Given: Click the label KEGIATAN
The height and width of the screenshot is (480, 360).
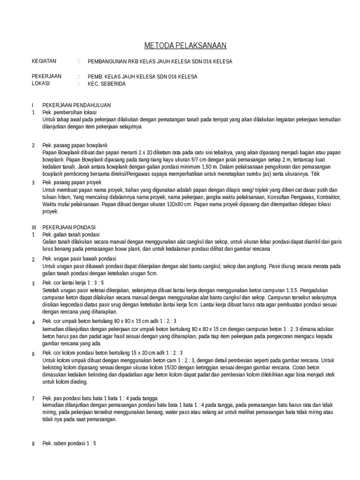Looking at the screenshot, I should click(x=44, y=61).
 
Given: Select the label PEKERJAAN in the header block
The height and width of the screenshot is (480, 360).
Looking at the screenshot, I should click(x=46, y=76).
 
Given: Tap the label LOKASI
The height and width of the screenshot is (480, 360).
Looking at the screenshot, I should click(x=40, y=84).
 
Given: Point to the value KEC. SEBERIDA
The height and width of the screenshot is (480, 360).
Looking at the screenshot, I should click(x=107, y=84).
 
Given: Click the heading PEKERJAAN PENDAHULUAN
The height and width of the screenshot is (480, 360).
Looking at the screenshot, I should click(x=76, y=105).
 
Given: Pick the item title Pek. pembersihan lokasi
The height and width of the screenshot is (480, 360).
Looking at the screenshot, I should click(x=69, y=112).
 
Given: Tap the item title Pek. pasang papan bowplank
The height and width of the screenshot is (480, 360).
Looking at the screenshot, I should click(x=75, y=145).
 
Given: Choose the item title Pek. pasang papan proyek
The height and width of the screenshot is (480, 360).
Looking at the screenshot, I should click(x=72, y=182).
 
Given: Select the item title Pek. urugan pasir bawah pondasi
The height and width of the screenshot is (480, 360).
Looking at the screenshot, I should click(x=79, y=259).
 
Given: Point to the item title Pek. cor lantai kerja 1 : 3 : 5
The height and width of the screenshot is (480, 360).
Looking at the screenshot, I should click(x=73, y=283).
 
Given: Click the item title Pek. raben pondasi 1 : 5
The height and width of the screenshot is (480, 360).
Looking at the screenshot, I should click(x=69, y=443).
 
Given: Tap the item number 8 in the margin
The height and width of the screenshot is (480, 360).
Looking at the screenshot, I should click(x=33, y=444).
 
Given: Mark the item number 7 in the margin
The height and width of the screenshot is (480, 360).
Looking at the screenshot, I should click(x=33, y=399).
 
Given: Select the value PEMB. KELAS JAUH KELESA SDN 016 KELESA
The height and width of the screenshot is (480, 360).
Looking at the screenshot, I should click(x=142, y=76).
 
